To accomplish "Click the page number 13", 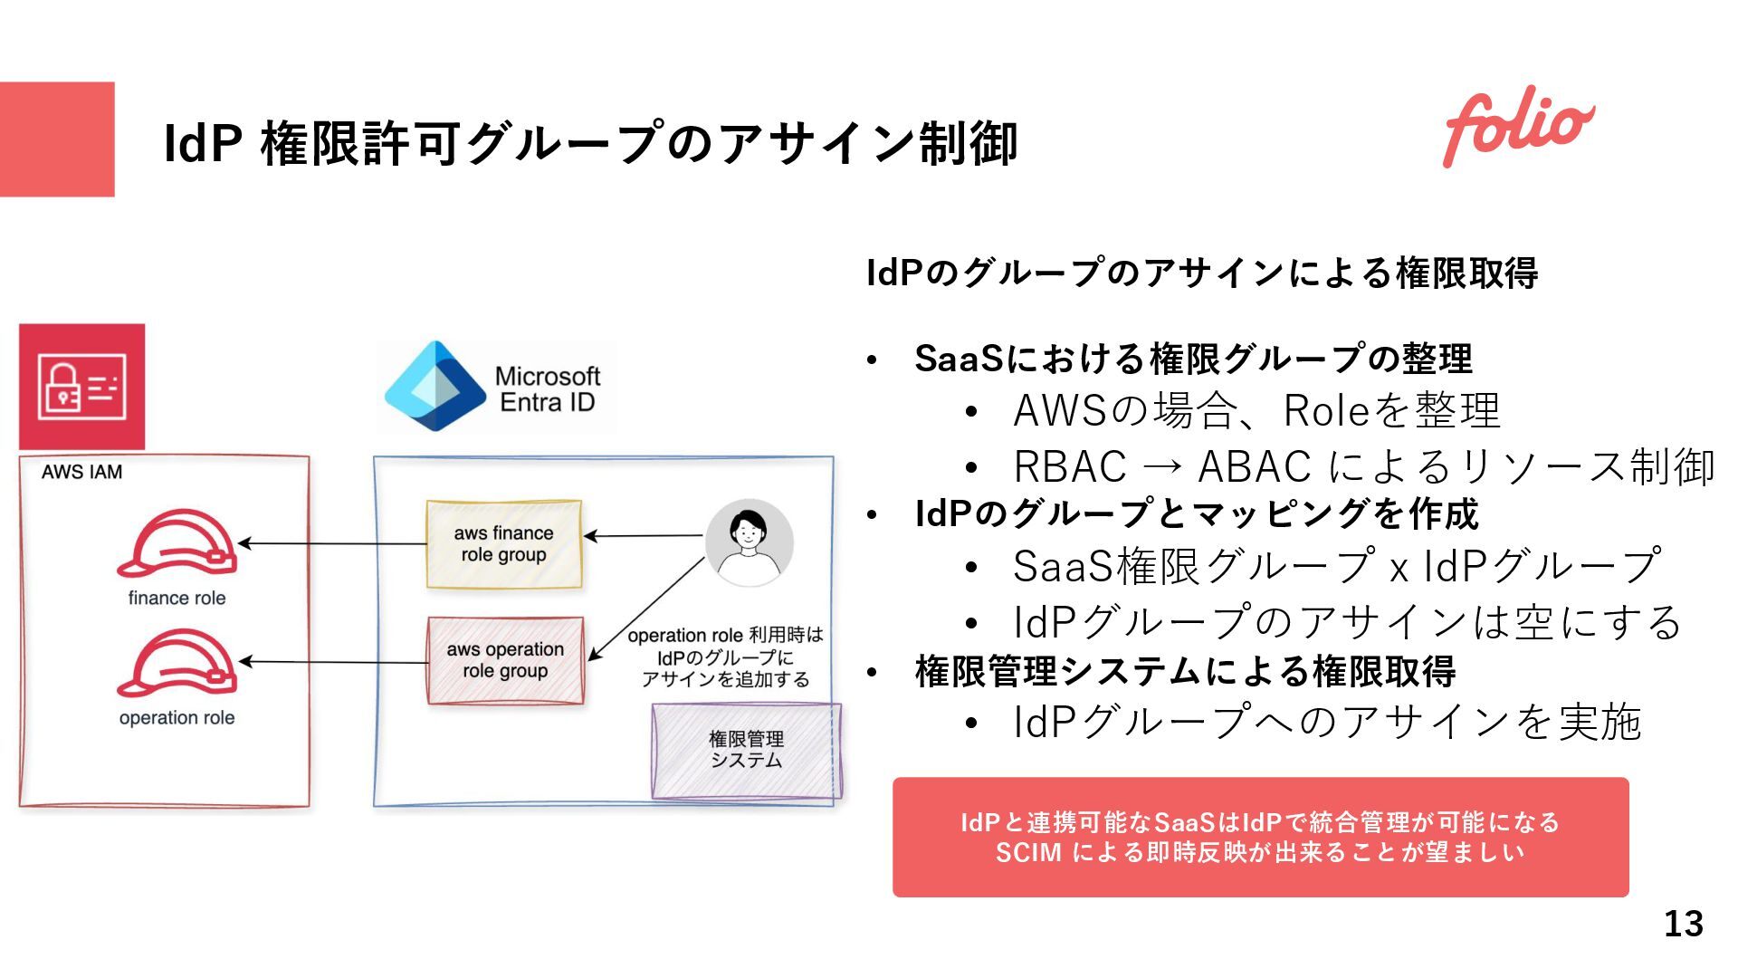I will click(x=1683, y=924).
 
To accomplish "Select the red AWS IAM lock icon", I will click(x=81, y=387).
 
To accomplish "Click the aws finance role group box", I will click(x=503, y=544).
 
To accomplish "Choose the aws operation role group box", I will click(x=505, y=660).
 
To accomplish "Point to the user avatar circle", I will click(x=749, y=542).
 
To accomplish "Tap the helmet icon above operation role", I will click(x=177, y=663).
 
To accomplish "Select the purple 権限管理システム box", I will click(x=746, y=751).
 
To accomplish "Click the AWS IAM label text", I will click(x=81, y=472).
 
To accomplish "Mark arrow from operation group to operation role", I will click(x=335, y=662).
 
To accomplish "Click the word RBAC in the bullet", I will click(x=1069, y=467).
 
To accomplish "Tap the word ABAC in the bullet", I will click(x=1255, y=467).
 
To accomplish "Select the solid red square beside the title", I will click(x=57, y=139).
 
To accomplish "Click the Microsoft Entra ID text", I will click(x=548, y=389).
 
